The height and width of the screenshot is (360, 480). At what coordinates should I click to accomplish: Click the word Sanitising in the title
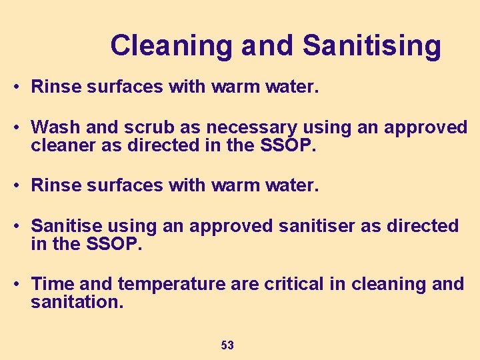(371, 45)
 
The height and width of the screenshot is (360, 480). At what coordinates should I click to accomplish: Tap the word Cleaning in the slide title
(171, 45)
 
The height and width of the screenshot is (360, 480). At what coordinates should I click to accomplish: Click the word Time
(52, 284)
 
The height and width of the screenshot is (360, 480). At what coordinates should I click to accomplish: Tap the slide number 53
(227, 345)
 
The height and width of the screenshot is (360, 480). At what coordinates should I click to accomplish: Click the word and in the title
(267, 45)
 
